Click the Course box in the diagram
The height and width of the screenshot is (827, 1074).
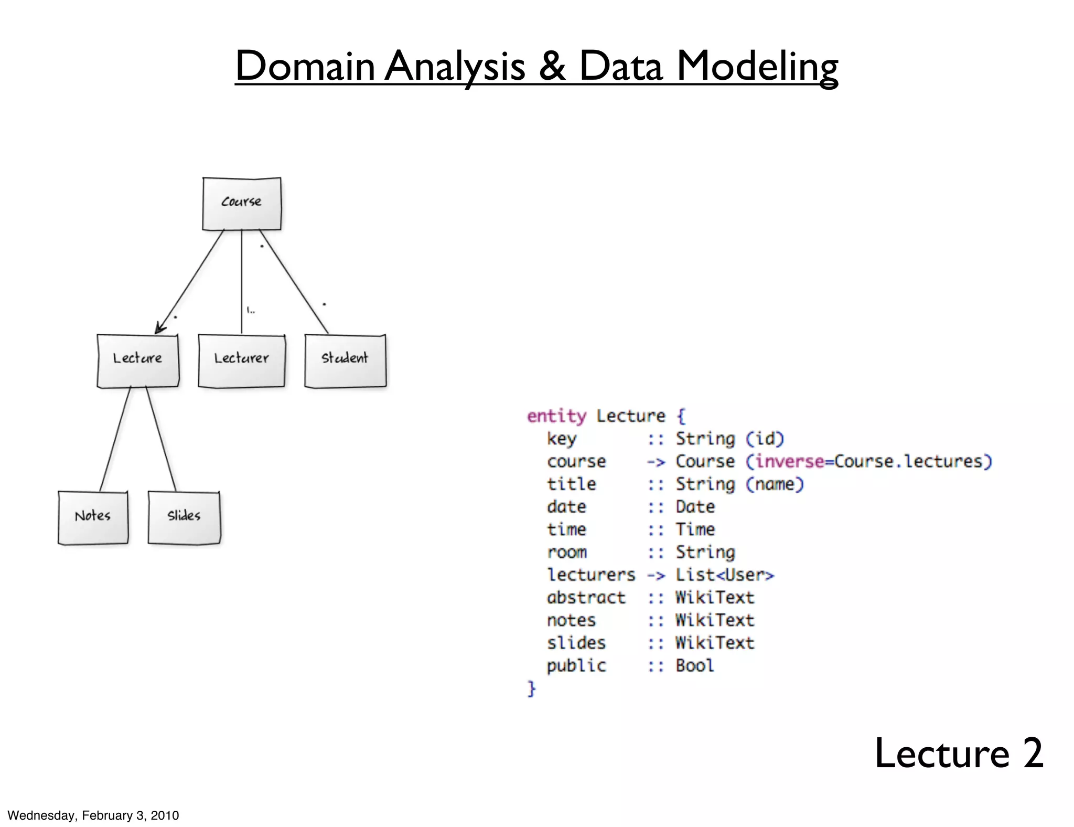(x=242, y=204)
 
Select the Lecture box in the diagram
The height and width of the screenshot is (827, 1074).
(x=138, y=361)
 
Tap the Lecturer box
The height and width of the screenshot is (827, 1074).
(x=242, y=361)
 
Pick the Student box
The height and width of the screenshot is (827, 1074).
(x=345, y=361)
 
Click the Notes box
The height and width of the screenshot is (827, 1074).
(x=93, y=517)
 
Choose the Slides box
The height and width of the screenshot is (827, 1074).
(x=184, y=517)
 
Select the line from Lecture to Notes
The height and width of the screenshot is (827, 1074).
(x=115, y=439)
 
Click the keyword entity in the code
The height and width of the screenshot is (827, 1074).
(x=556, y=416)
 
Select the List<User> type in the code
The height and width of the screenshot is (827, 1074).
(x=724, y=575)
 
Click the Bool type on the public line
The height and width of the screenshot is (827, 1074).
(x=694, y=665)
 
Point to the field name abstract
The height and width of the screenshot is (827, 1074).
(x=586, y=597)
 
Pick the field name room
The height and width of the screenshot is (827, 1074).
(x=567, y=552)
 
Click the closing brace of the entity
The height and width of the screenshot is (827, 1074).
(x=532, y=688)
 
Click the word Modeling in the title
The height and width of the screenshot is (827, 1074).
(x=757, y=67)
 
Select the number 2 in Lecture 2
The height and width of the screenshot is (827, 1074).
(x=1033, y=753)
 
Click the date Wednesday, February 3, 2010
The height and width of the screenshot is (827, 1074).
(x=93, y=815)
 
